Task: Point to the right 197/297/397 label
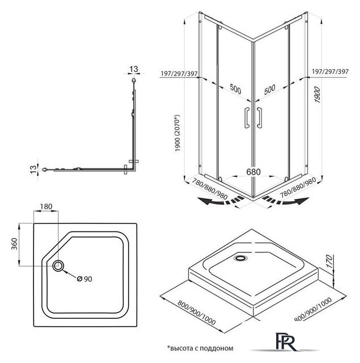click(329, 73)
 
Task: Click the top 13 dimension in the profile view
click(134, 69)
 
